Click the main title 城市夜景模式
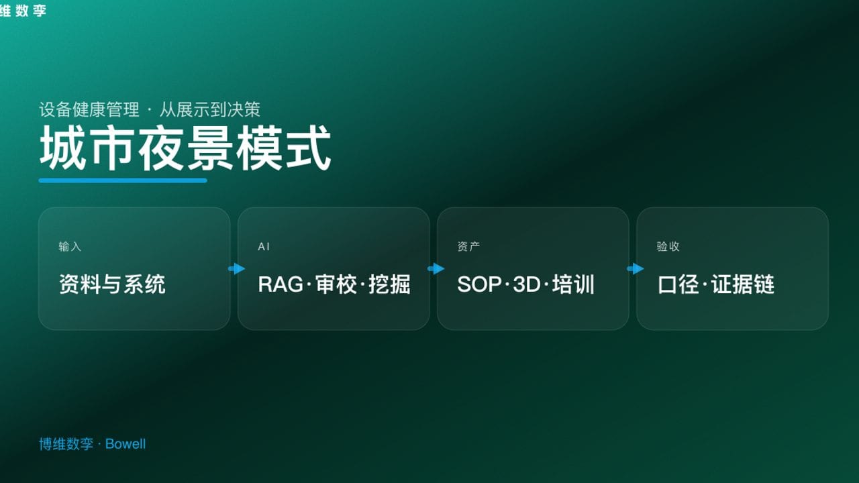185,148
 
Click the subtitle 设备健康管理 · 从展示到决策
150,109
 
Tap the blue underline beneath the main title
123,180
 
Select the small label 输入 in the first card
70,246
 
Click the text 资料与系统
112,284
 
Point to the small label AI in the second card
264,246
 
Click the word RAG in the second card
281,284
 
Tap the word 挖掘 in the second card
389,284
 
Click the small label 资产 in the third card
468,246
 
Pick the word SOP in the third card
479,284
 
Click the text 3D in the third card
527,284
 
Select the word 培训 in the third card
573,284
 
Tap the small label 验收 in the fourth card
668,246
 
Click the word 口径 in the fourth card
678,284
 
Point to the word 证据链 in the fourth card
743,284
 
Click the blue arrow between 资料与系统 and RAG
237,269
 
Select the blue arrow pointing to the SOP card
436,269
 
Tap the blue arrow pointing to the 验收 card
636,269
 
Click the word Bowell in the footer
125,444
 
